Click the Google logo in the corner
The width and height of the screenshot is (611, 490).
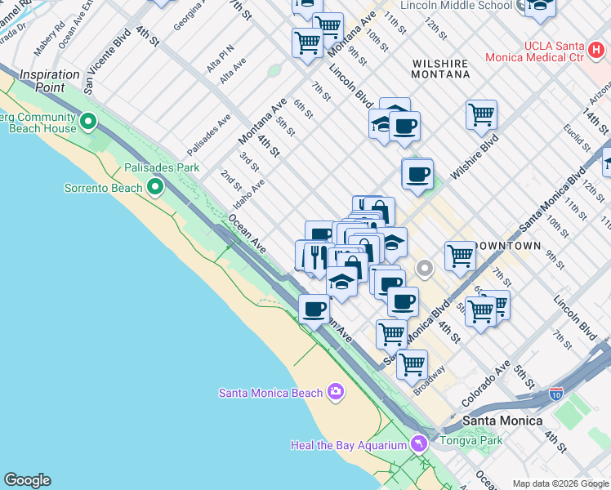coord(27,480)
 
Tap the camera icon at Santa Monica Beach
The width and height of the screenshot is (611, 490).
coord(335,393)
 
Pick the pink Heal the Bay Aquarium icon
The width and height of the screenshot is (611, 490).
coord(419,444)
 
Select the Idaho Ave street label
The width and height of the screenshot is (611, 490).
coord(249,194)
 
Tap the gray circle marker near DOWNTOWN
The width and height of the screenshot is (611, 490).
coord(425,268)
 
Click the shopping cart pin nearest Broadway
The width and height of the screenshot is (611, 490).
coord(413,363)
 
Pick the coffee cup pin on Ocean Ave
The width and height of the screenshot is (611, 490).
coord(314,310)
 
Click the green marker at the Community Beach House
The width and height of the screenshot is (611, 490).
coord(88,125)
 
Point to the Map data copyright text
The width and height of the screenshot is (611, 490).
coord(560,483)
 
